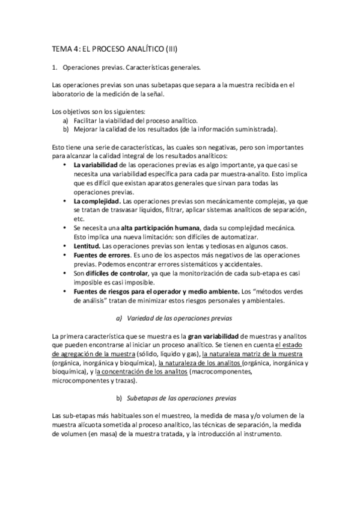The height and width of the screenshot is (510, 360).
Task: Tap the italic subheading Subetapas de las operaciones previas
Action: click(x=182, y=398)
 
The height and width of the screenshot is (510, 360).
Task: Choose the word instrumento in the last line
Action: click(x=260, y=435)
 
